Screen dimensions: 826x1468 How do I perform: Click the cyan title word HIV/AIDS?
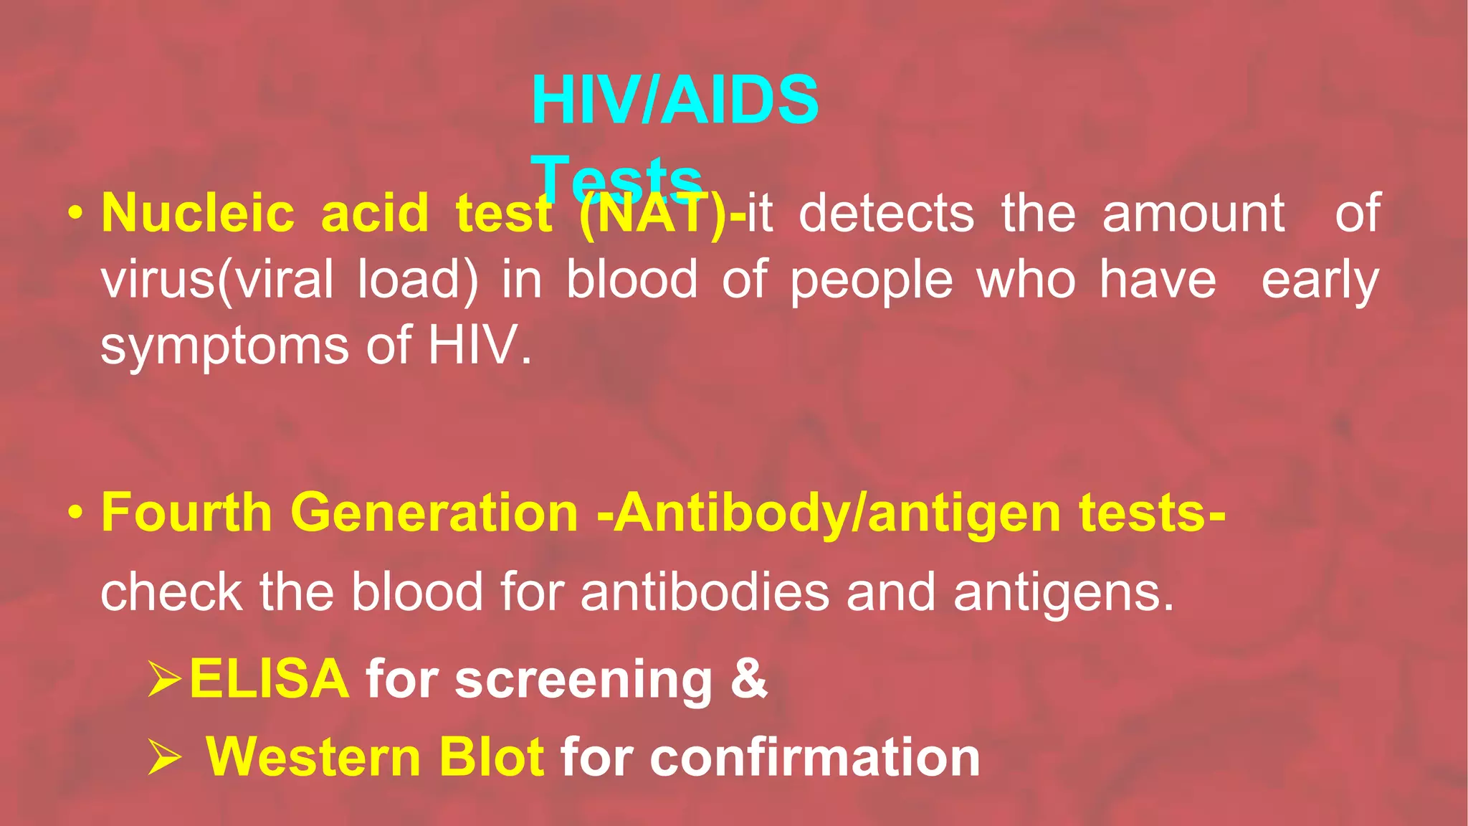point(675,100)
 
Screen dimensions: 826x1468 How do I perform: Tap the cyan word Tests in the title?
point(616,178)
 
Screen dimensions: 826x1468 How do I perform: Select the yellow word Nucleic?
point(198,214)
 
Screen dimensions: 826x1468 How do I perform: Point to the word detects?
point(887,214)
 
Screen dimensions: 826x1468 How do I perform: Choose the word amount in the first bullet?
point(1193,214)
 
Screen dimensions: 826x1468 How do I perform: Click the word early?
point(1320,280)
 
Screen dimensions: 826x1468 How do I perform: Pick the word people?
point(872,280)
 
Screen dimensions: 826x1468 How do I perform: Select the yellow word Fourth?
point(186,513)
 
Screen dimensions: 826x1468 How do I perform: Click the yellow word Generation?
point(434,513)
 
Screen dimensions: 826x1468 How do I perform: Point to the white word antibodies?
point(705,592)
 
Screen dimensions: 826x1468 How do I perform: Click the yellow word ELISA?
point(270,678)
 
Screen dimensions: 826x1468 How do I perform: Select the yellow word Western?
point(313,757)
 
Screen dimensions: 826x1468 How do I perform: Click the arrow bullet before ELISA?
point(164,679)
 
